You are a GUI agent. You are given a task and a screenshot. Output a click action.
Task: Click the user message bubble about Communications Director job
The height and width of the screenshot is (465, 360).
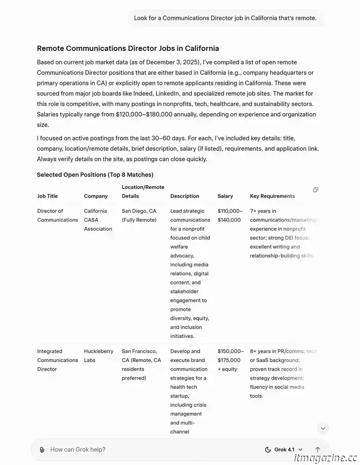click(x=225, y=18)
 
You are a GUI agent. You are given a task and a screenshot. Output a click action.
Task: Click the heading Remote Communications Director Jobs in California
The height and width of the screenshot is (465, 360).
click(x=128, y=48)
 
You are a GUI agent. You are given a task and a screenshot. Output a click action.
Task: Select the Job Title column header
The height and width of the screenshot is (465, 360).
click(x=47, y=196)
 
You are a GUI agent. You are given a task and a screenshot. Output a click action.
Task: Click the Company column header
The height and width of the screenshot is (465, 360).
click(x=96, y=196)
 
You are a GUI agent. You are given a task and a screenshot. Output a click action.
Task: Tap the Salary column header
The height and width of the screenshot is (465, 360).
click(x=225, y=196)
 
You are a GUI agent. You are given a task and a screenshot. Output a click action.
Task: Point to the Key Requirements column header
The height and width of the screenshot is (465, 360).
click(x=272, y=196)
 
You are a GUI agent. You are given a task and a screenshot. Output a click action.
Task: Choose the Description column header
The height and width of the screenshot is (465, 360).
click(x=185, y=196)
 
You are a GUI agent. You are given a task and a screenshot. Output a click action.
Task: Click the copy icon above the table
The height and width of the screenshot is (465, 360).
click(x=315, y=190)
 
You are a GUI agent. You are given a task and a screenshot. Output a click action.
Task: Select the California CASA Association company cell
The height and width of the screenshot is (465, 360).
click(x=98, y=220)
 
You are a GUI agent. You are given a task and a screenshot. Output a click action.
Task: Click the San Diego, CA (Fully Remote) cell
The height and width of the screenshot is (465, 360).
click(x=139, y=216)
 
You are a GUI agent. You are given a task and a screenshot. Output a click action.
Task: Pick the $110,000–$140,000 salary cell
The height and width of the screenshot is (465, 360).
click(x=230, y=216)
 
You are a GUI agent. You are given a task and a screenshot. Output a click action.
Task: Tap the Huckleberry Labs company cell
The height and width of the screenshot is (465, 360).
click(x=98, y=355)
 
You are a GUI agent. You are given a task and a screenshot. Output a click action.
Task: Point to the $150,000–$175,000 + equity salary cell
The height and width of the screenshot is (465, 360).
click(x=230, y=360)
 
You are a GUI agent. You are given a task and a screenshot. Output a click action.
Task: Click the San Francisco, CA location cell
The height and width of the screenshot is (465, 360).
click(x=141, y=364)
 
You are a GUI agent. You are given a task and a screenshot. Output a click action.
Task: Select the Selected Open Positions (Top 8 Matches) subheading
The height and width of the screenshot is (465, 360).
click(x=95, y=175)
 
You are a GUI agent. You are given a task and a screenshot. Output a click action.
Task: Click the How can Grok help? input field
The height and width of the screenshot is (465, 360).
click(x=149, y=450)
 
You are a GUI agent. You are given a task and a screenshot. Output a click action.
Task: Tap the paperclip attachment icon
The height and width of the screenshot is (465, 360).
click(x=42, y=450)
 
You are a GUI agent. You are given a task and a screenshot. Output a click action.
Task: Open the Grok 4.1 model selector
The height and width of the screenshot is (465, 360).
click(x=283, y=450)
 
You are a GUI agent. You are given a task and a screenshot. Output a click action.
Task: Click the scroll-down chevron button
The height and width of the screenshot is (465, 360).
click(x=322, y=428)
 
